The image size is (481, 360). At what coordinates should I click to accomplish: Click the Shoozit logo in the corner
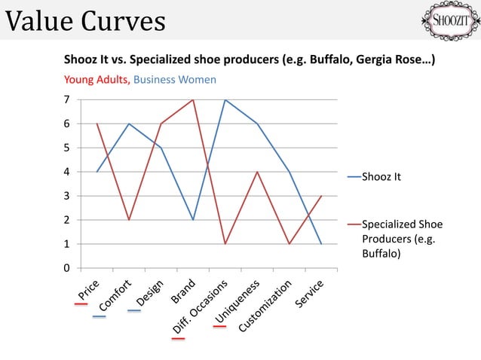pos(448,20)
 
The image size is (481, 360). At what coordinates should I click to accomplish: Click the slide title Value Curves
pos(85,21)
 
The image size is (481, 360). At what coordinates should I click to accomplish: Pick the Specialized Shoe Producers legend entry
pos(402,239)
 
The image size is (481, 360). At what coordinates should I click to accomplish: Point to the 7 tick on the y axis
pos(67,99)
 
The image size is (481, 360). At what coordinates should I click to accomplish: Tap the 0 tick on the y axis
pos(67,268)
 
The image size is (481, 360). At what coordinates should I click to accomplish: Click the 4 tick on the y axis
pos(67,172)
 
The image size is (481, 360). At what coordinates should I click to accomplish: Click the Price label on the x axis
pos(88,288)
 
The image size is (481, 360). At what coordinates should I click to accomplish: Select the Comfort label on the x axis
pos(115,296)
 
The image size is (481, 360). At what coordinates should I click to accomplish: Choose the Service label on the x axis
pos(311,293)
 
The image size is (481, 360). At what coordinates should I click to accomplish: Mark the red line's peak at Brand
pos(193,99)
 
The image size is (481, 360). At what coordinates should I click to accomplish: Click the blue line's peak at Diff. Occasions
pos(225,99)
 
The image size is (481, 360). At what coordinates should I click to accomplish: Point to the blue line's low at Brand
pos(193,220)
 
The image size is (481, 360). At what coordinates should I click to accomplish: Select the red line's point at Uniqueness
pos(257,172)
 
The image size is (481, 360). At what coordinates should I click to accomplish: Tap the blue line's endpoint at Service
pos(321,244)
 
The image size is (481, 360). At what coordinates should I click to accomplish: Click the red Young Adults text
pos(96,79)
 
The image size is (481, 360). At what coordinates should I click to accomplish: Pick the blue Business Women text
pos(175,79)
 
